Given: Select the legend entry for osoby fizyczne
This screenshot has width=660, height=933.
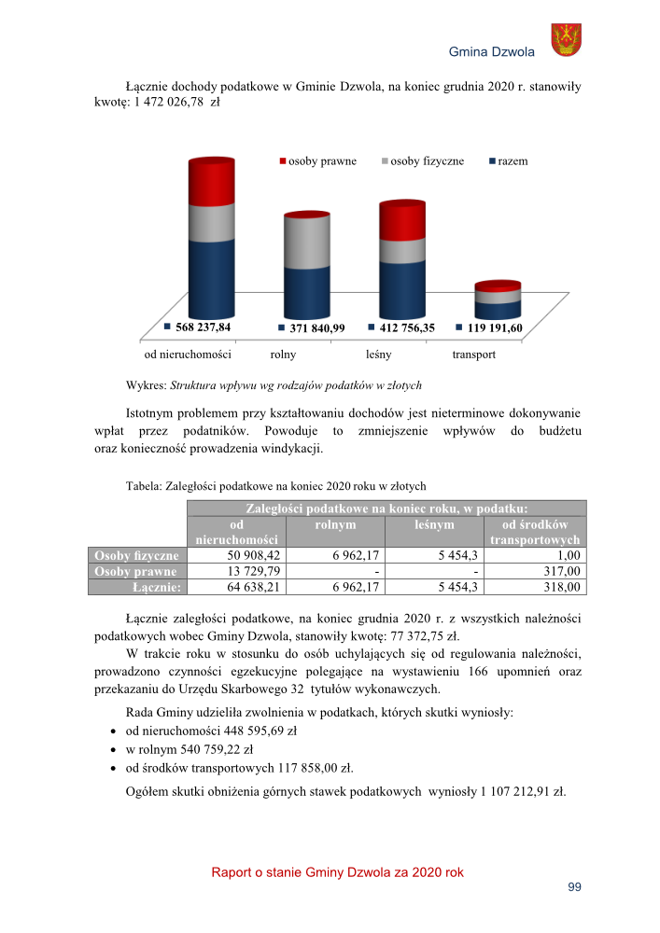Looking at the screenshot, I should (x=421, y=161).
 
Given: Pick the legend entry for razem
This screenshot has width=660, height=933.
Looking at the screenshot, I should (x=508, y=161).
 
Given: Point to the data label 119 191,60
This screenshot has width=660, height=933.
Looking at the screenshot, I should (x=494, y=328).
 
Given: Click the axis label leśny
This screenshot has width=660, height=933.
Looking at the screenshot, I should (x=377, y=355).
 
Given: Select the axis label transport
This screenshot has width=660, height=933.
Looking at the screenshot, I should (x=473, y=355).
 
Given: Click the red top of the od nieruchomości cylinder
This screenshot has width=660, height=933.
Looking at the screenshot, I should (x=211, y=182).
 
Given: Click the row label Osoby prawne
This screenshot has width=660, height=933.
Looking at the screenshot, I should (x=137, y=571).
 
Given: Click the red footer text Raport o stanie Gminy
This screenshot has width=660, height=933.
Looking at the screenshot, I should (x=337, y=872).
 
